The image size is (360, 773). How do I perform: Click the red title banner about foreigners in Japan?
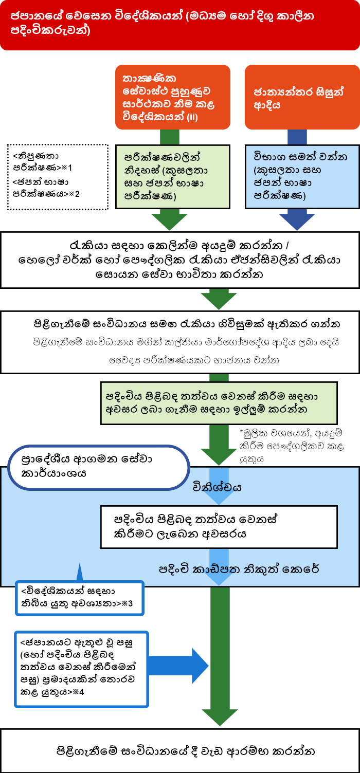pyautogui.click(x=180, y=25)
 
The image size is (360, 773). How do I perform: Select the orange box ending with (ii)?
pyautogui.click(x=173, y=97)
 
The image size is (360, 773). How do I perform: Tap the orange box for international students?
pyautogui.click(x=302, y=97)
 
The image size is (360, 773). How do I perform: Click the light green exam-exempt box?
pyautogui.click(x=173, y=177)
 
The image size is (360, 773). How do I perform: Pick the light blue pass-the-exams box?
pyautogui.click(x=302, y=177)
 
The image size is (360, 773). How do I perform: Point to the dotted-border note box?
pyautogui.click(x=58, y=177)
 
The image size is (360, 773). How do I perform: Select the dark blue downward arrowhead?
pyautogui.click(x=297, y=222)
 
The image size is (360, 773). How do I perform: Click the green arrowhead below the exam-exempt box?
pyautogui.click(x=170, y=222)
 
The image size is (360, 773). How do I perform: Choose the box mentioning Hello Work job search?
pyautogui.click(x=180, y=260)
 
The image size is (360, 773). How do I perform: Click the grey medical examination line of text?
pyautogui.click(x=194, y=360)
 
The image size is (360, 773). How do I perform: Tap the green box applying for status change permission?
pyautogui.click(x=219, y=403)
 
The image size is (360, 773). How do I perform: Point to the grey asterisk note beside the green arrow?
pyautogui.click(x=291, y=446)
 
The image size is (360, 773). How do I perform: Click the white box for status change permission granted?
pyautogui.click(x=219, y=527)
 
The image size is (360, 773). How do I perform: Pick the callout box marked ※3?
pyautogui.click(x=80, y=598)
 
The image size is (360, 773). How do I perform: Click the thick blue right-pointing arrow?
pyautogui.click(x=178, y=666)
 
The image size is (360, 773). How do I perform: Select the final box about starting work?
pyautogui.click(x=180, y=751)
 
